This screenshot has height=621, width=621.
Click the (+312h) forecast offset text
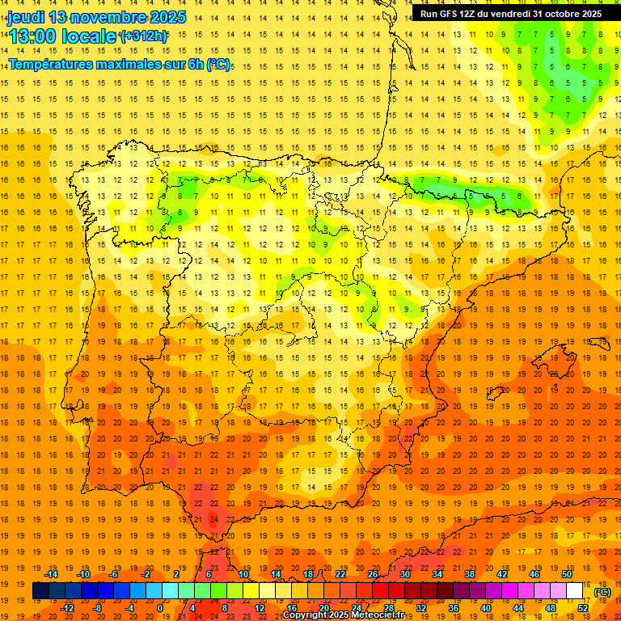[x=144, y=36]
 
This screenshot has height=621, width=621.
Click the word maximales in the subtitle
[x=140, y=64]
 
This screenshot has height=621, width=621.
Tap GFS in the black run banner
[x=451, y=14]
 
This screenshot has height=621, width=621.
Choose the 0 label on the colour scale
[x=159, y=608]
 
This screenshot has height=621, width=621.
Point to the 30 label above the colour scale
[x=404, y=574]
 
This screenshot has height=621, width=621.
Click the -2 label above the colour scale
[x=146, y=574]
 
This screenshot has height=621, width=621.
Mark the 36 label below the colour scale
[x=453, y=608]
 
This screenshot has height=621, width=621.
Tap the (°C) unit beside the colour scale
[x=602, y=592]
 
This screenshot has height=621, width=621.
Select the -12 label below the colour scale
[x=68, y=608]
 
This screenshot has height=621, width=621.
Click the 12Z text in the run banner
[x=472, y=14]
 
